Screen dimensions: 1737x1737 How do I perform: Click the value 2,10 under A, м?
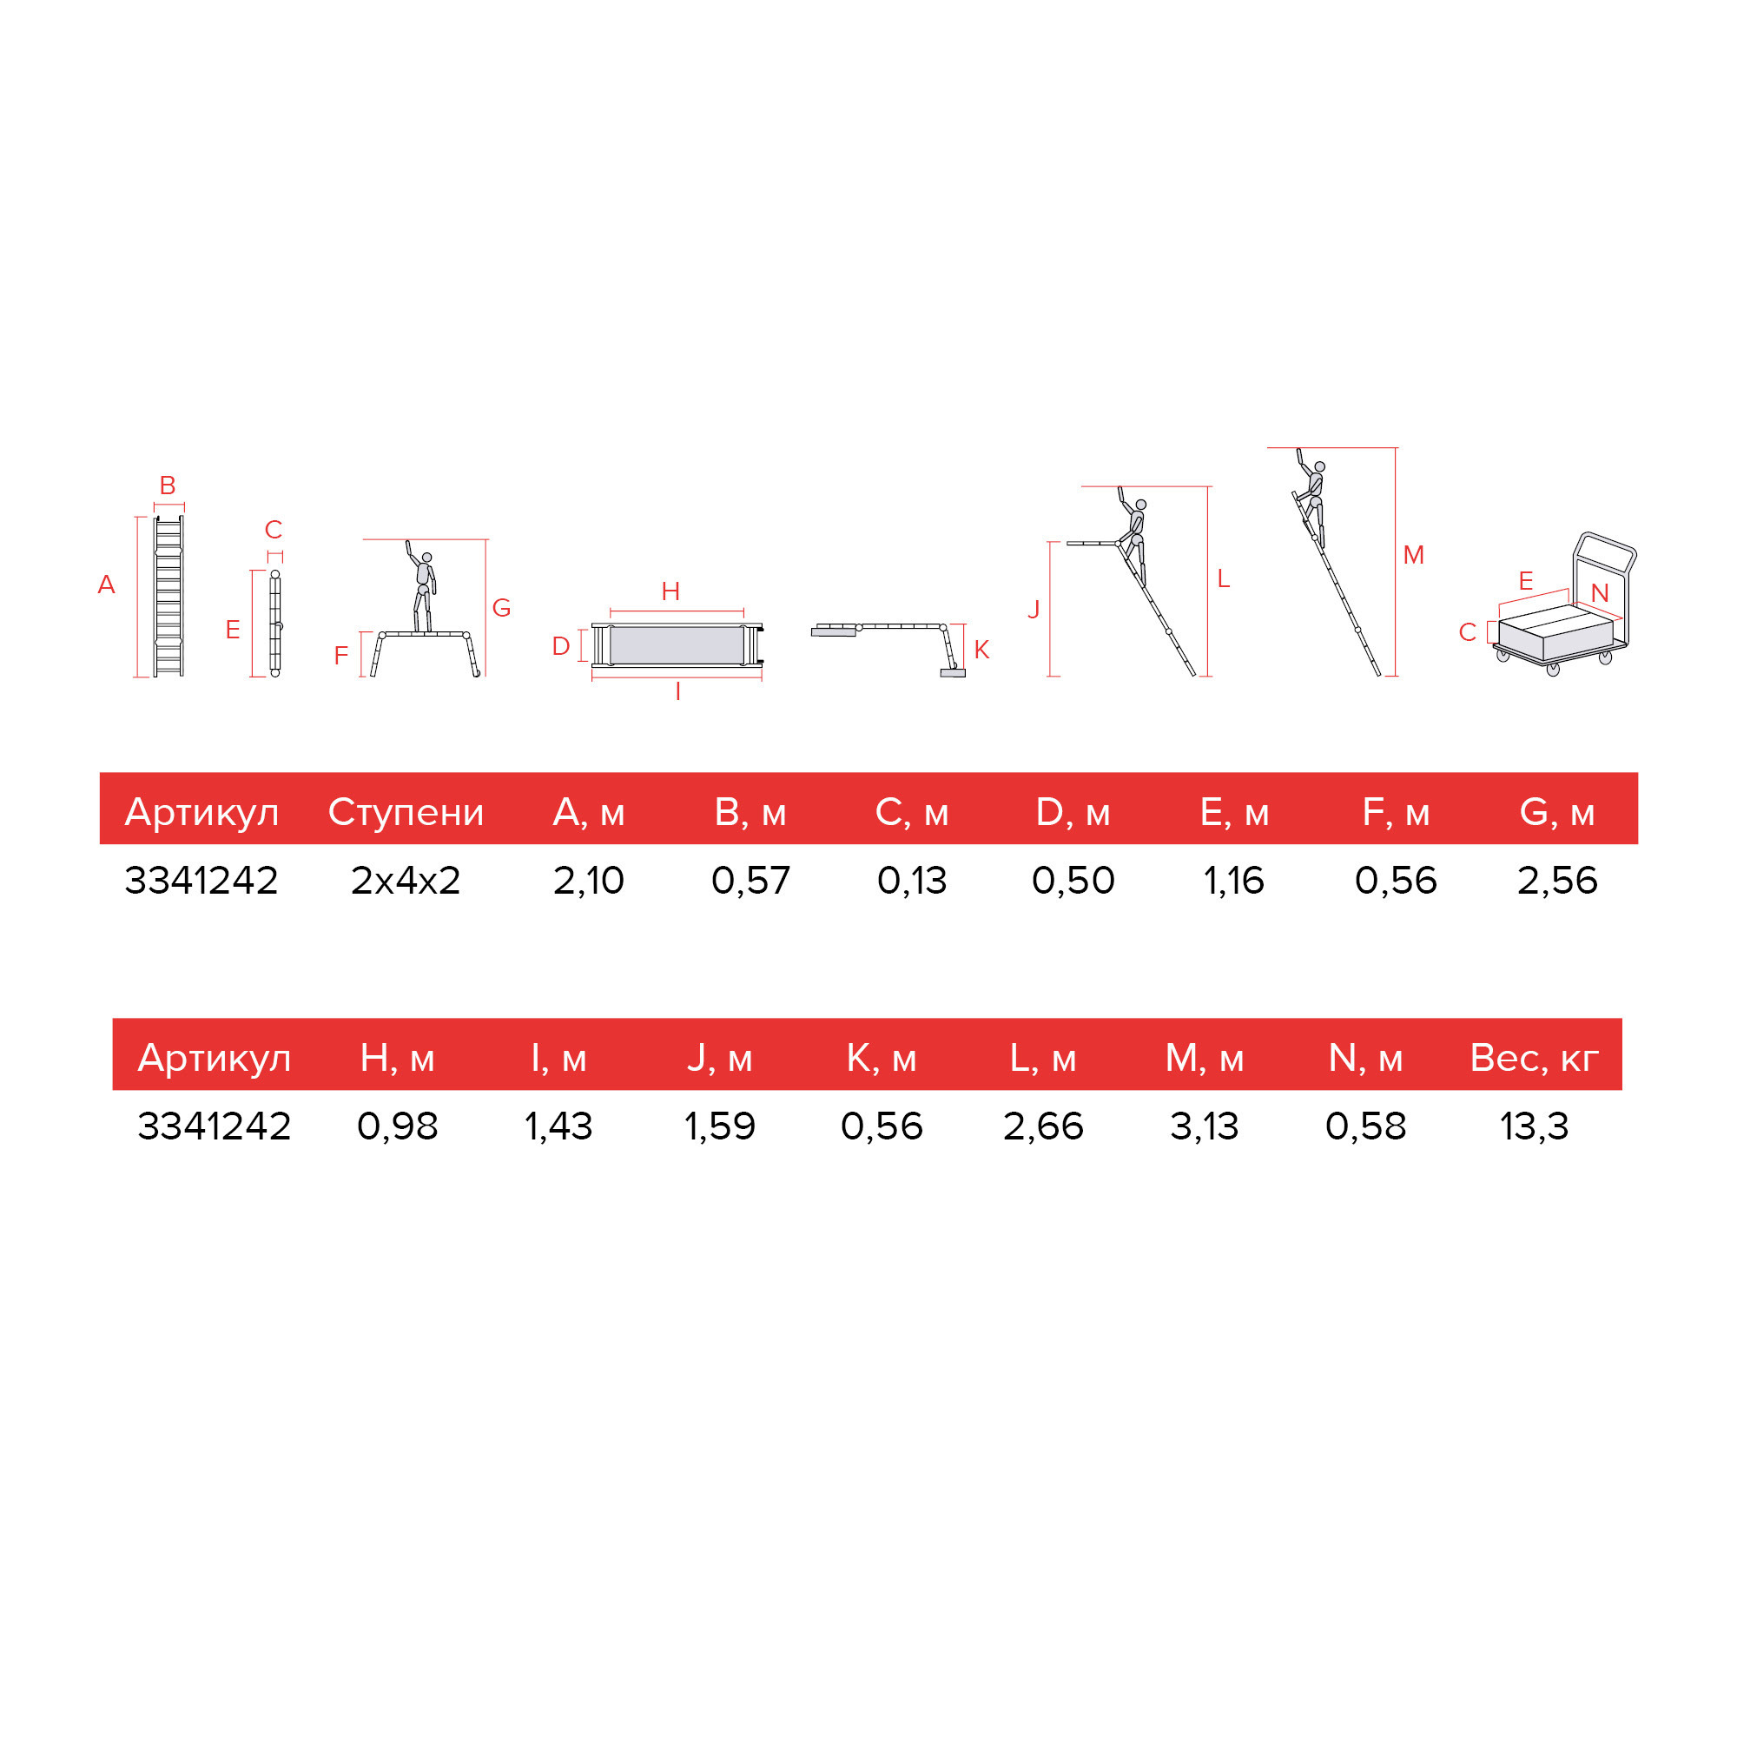point(588,880)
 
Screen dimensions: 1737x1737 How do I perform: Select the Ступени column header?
point(406,812)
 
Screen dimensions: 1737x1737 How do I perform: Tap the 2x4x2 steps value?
point(406,880)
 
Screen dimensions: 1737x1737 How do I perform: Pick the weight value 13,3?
point(1534,1126)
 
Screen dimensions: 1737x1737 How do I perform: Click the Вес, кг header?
point(1534,1058)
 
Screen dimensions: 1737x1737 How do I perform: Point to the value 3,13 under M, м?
point(1204,1126)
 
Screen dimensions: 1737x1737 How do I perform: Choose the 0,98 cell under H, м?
point(398,1126)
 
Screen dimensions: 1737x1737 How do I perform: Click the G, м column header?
point(1557,812)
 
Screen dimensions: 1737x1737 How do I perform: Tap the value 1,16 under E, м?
point(1233,880)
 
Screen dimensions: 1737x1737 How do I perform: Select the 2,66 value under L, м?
point(1043,1126)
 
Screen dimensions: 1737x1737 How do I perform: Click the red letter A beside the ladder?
point(106,585)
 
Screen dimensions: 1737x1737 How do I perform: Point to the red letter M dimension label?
point(1413,555)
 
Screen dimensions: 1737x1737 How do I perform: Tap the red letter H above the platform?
point(670,591)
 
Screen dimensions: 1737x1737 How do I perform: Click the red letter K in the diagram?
point(981,649)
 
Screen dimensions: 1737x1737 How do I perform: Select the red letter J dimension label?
point(1034,609)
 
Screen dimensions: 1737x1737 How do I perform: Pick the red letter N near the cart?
point(1600,592)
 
